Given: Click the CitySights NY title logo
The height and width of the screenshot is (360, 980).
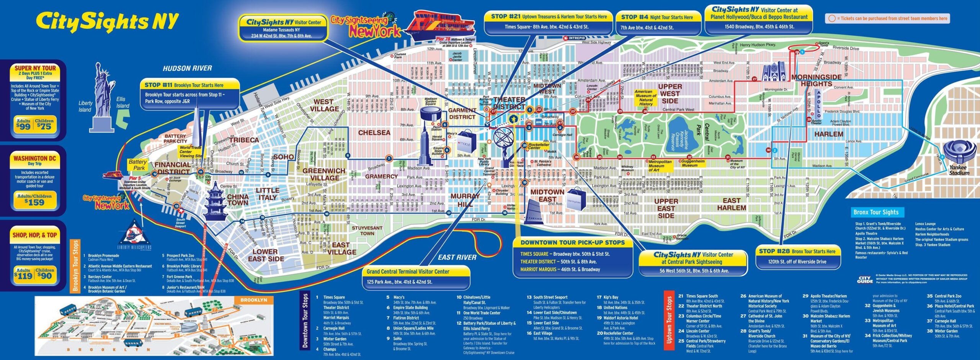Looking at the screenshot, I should [108, 21].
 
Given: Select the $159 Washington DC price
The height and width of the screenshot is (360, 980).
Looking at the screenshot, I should [34, 202].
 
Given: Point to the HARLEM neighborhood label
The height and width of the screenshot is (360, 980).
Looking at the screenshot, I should [828, 134].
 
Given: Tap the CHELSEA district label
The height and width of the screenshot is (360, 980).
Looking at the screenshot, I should [374, 133].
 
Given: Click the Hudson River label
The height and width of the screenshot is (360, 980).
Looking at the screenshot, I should [187, 68].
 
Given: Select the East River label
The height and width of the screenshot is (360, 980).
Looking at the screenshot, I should [457, 257].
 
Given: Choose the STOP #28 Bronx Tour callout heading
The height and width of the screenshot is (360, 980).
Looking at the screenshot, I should [797, 252].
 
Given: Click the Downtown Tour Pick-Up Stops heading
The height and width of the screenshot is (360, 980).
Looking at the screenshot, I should [572, 242].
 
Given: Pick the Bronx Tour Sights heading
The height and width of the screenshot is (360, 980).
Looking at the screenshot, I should [876, 212].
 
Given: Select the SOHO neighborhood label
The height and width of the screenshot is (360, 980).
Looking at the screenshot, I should [283, 157].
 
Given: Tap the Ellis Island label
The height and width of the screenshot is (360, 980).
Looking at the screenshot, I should [122, 103].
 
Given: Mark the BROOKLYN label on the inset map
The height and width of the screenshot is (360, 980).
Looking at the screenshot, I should [253, 300].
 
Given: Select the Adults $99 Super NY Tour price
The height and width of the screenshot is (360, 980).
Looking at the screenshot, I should [23, 125].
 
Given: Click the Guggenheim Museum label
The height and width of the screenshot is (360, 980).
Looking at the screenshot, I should [693, 163].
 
